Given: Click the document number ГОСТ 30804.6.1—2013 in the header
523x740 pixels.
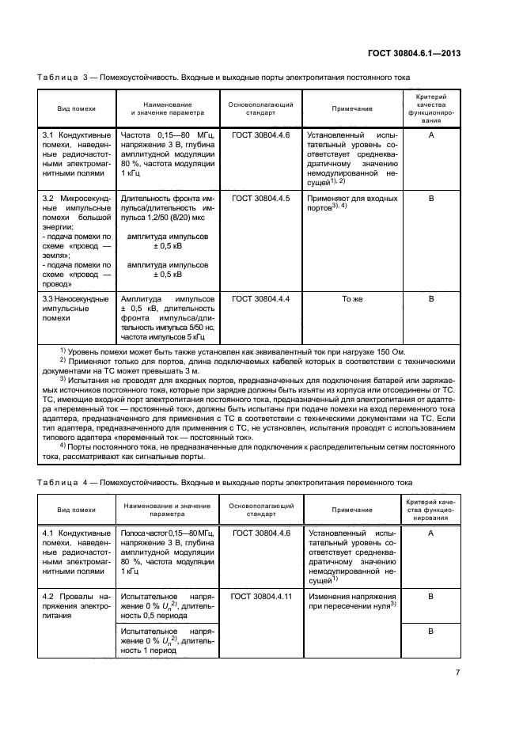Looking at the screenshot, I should pyautogui.click(x=414, y=54).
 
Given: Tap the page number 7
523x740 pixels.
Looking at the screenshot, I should pyautogui.click(x=457, y=673).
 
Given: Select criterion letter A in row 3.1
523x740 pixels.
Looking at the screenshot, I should pyautogui.click(x=431, y=135).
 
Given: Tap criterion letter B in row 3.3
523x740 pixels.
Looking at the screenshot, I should pyautogui.click(x=431, y=299).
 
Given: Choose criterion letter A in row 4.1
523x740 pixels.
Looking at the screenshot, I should pyautogui.click(x=431, y=534).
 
